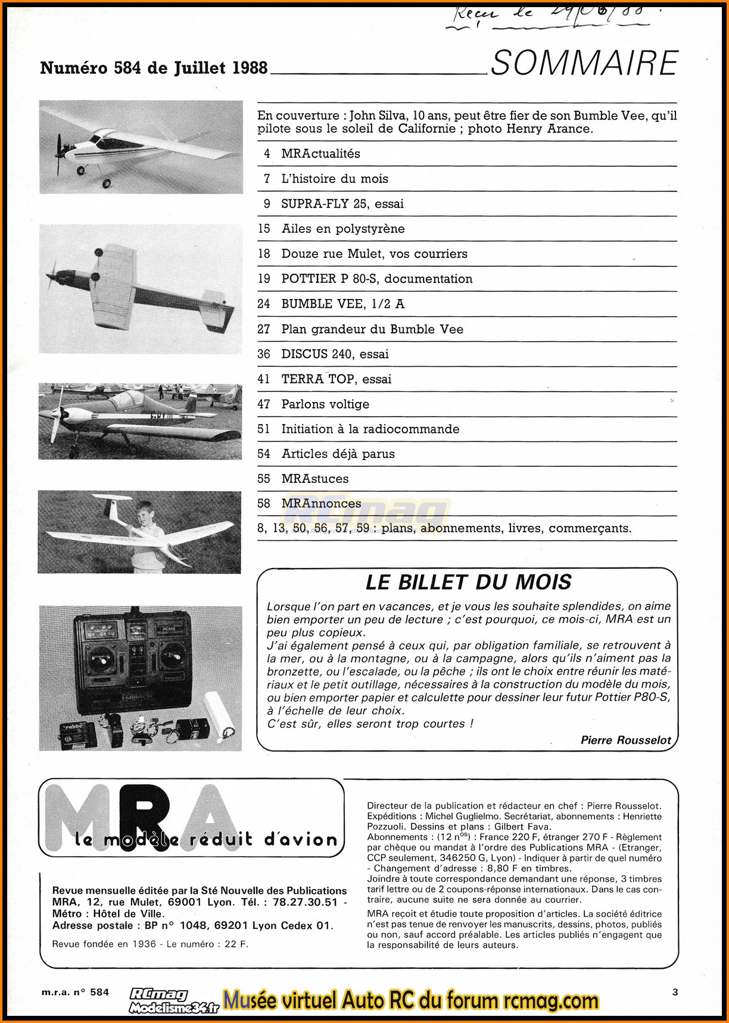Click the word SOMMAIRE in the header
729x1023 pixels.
click(584, 64)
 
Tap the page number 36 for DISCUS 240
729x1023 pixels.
click(264, 354)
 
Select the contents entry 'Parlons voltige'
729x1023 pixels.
click(325, 404)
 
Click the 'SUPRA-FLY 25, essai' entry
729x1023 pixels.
click(342, 204)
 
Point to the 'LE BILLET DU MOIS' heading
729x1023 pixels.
click(468, 582)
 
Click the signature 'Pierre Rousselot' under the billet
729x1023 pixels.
click(626, 740)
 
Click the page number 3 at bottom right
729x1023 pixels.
click(675, 992)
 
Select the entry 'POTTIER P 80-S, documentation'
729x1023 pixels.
click(377, 279)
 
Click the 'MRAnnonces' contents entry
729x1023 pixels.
click(321, 504)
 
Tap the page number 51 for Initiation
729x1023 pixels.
click(264, 429)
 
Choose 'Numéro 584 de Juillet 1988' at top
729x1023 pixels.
click(154, 68)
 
